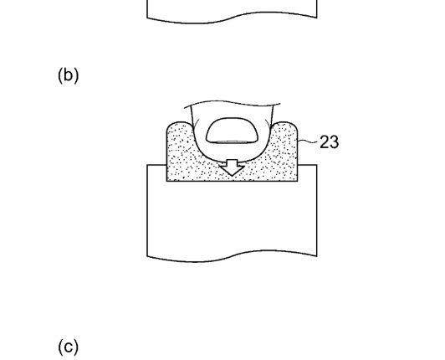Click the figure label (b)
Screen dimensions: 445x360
68,75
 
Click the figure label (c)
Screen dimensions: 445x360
68,347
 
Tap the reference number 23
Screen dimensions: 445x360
330,141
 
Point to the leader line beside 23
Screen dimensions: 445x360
308,141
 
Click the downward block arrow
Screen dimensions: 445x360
233,167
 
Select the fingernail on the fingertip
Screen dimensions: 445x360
233,131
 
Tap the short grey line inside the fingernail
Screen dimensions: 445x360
232,141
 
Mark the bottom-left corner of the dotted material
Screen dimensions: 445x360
167,181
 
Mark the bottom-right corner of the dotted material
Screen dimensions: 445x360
298,181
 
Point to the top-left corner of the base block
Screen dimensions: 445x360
147,165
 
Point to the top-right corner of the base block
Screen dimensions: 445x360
317,165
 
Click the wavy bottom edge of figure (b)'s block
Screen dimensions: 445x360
232,255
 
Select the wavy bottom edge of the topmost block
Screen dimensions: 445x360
232,17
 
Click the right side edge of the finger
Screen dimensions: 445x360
272,116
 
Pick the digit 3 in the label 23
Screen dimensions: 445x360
335,141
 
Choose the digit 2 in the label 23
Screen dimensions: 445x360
325,141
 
